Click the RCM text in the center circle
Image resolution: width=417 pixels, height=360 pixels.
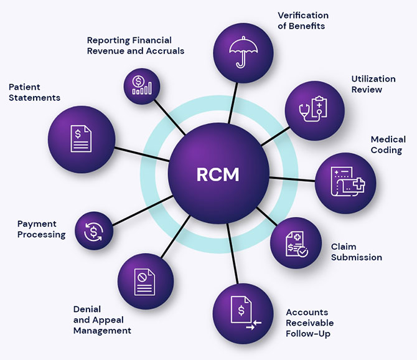tap(218, 174)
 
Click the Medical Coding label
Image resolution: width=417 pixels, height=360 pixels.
tap(388, 144)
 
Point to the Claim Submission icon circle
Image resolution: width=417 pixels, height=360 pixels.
tap(296, 242)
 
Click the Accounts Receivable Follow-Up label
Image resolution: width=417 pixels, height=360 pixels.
tap(309, 323)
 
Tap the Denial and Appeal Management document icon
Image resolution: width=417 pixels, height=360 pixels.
tap(144, 281)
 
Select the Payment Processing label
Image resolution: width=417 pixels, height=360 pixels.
tap(41, 229)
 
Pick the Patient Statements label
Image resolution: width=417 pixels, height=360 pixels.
tap(34, 92)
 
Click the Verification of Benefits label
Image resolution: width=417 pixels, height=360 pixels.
tap(302, 20)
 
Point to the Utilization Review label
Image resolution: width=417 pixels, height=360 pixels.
tap(373, 84)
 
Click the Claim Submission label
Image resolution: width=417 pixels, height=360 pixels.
tap(356, 252)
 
